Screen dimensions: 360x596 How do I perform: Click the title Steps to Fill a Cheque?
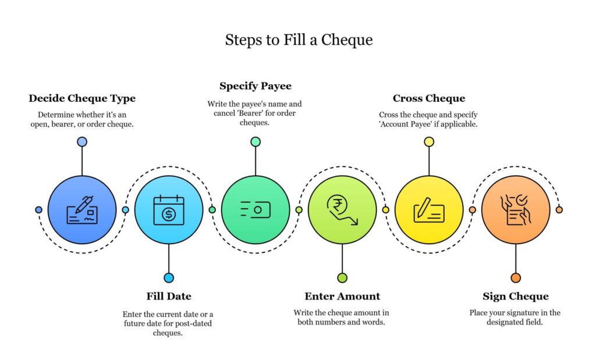299,40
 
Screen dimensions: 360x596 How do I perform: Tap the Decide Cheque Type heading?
82,98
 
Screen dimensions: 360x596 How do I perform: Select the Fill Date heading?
169,296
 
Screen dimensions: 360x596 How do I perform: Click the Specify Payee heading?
256,86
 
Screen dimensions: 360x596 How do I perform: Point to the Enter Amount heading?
342,296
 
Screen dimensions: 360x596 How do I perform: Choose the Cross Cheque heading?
429,98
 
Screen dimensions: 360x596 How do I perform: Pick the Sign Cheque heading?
516,296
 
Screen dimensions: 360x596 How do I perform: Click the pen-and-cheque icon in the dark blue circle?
82,210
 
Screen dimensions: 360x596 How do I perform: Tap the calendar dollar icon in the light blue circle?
169,210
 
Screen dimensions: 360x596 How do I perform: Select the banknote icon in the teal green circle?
256,210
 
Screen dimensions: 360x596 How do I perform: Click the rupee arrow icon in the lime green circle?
342,210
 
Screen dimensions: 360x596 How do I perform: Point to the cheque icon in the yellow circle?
429,210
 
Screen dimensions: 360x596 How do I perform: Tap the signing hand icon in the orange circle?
516,210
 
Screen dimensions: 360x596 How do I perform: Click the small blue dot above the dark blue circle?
82,142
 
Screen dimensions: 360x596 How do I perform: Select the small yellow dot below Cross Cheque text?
429,142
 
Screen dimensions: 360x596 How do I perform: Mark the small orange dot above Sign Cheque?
516,278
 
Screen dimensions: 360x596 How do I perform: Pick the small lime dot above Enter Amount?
342,278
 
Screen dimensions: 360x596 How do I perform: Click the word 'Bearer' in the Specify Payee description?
251,113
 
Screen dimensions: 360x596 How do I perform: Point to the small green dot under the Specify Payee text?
256,142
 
